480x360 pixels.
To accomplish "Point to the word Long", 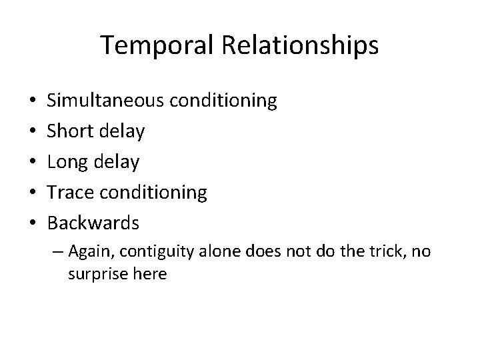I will pos(65,162).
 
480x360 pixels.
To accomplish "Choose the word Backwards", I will pos(93,223).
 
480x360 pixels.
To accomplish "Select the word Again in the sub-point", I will pos(89,252).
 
